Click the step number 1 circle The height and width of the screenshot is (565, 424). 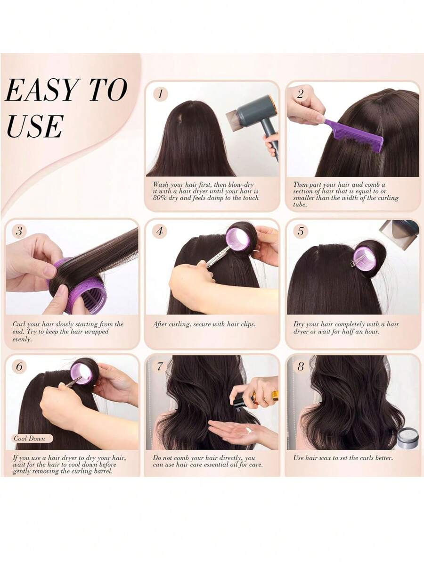(161, 94)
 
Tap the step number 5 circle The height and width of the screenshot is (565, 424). (301, 231)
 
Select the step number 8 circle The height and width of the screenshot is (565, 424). (301, 367)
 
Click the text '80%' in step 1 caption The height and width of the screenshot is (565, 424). (159, 198)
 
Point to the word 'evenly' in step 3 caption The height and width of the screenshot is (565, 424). (22, 340)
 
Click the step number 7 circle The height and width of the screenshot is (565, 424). (161, 367)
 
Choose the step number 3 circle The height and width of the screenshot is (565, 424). (19, 231)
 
